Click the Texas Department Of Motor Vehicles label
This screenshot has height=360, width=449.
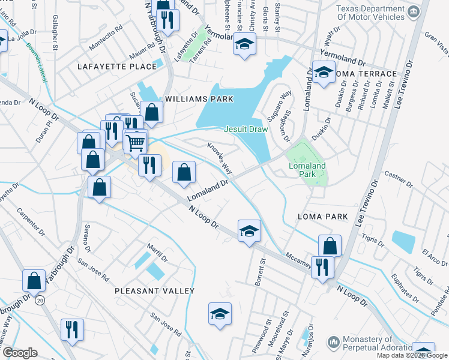click(370, 13)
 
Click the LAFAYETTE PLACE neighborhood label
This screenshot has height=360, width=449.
click(117, 67)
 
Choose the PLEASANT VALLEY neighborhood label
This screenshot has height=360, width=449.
click(155, 291)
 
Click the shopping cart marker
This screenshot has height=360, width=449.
click(136, 142)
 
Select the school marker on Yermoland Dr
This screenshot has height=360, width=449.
click(244, 44)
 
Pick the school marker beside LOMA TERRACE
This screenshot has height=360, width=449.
click(324, 73)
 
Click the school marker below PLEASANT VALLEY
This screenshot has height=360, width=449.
click(220, 313)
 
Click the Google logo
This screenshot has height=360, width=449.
click(20, 353)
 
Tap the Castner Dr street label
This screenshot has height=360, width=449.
click(398, 178)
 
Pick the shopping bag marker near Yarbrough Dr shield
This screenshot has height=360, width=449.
click(34, 280)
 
